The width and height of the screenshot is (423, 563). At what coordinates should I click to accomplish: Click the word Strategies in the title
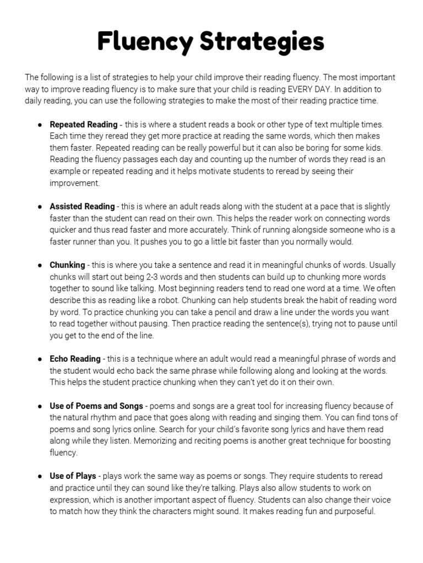tap(260, 42)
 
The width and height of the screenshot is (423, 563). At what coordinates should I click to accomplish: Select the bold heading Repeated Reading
tap(84, 125)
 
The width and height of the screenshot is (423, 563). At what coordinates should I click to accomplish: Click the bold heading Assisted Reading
tap(83, 207)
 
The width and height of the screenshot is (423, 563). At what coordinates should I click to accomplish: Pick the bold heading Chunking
tap(68, 265)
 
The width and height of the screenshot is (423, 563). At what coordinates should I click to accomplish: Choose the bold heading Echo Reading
tap(75, 359)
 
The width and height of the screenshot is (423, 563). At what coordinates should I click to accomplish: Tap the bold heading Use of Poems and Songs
tap(97, 406)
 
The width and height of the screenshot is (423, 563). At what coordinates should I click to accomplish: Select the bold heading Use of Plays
tap(73, 476)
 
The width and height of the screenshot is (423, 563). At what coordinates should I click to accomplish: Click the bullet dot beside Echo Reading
tap(40, 359)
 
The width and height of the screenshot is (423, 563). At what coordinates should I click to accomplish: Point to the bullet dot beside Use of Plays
tap(40, 476)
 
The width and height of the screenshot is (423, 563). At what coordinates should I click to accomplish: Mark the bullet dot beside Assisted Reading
tap(40, 207)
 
